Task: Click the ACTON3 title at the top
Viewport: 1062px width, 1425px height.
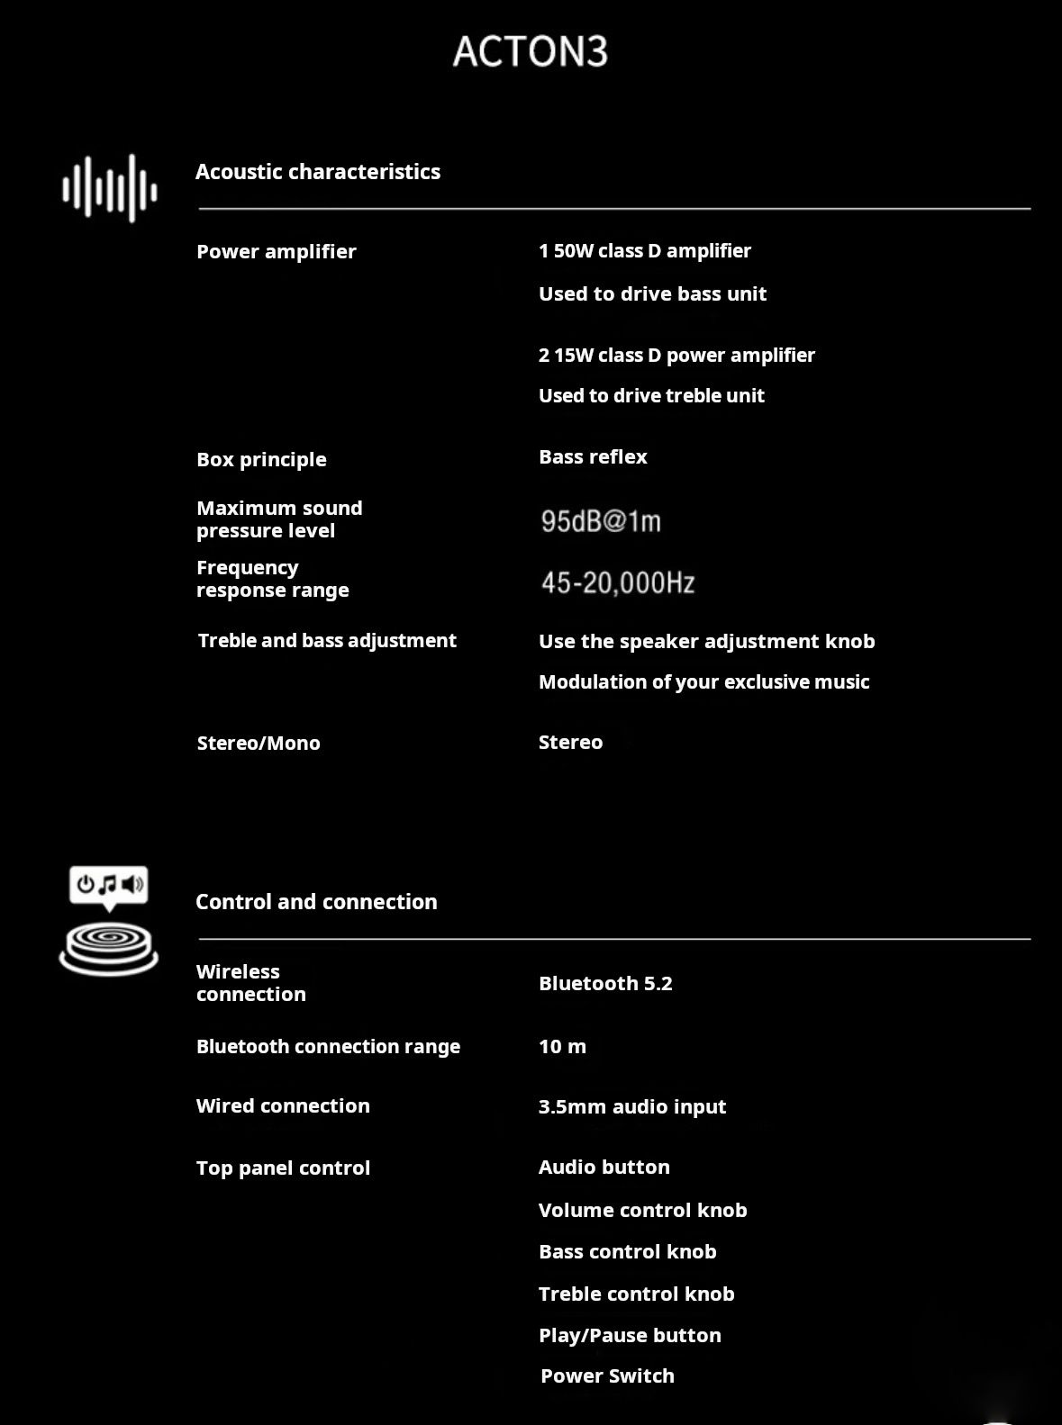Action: click(530, 51)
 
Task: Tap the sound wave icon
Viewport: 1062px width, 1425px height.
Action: click(110, 188)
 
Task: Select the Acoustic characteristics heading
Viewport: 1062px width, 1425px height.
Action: click(317, 172)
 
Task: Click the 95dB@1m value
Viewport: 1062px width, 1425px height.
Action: click(601, 521)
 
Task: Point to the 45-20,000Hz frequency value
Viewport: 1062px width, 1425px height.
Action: click(618, 583)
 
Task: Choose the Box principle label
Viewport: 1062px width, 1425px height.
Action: click(261, 459)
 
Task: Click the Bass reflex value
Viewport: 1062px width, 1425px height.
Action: click(593, 457)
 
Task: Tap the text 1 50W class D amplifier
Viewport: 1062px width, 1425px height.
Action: click(644, 251)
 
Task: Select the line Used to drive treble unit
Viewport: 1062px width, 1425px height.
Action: click(651, 396)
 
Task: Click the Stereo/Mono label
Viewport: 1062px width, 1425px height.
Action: click(259, 743)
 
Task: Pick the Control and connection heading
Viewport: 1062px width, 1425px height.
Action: click(316, 902)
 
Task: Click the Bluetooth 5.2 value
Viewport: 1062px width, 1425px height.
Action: click(605, 983)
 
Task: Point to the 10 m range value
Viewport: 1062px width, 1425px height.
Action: click(562, 1046)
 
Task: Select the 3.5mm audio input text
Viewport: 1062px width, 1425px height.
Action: click(631, 1106)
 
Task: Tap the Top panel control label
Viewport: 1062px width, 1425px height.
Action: click(283, 1168)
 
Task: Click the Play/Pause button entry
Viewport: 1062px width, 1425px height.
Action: click(630, 1335)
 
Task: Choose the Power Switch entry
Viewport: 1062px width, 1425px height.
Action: click(607, 1375)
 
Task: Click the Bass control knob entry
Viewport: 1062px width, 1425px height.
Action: click(627, 1251)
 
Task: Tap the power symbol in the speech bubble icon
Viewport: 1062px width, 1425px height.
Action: click(86, 884)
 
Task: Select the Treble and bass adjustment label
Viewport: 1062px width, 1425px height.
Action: click(327, 641)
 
